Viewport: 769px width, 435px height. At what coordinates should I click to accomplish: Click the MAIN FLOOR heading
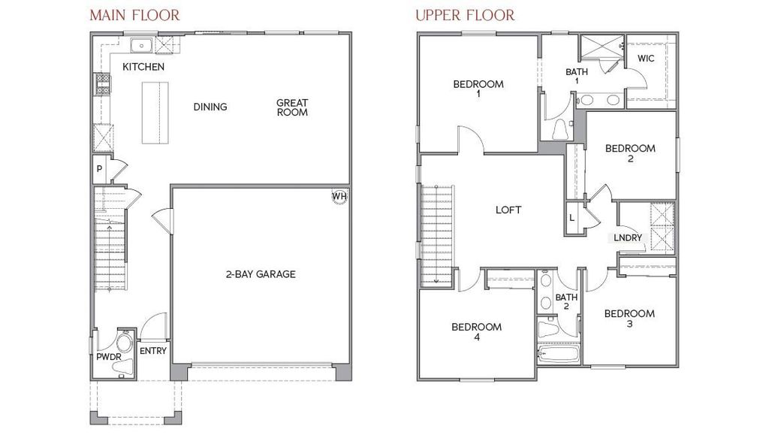tap(134, 15)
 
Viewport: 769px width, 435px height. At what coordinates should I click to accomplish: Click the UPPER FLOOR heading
tap(465, 15)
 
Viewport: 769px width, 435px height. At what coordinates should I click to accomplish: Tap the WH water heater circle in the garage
tap(339, 197)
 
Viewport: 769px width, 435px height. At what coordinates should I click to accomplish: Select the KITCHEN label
tap(143, 67)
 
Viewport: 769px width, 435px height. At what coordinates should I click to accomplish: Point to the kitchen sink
tap(140, 47)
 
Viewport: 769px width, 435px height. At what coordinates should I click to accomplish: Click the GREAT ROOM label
tap(292, 107)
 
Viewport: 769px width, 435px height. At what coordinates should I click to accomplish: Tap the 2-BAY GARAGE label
tap(261, 274)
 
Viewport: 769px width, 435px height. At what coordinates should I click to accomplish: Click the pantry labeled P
tap(99, 170)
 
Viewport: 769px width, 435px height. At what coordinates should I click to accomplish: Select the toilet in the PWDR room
tap(124, 345)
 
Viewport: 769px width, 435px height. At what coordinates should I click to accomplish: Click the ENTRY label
tap(153, 351)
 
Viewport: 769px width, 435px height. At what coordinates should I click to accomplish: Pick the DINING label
tap(210, 107)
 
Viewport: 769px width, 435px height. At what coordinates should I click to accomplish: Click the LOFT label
tap(508, 210)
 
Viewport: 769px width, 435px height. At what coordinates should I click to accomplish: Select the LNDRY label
tap(628, 237)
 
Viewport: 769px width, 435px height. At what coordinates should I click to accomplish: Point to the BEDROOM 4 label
tap(476, 332)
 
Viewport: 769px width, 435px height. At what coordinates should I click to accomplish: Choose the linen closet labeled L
tap(572, 218)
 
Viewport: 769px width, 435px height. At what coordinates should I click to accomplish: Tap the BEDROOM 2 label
tap(630, 153)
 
